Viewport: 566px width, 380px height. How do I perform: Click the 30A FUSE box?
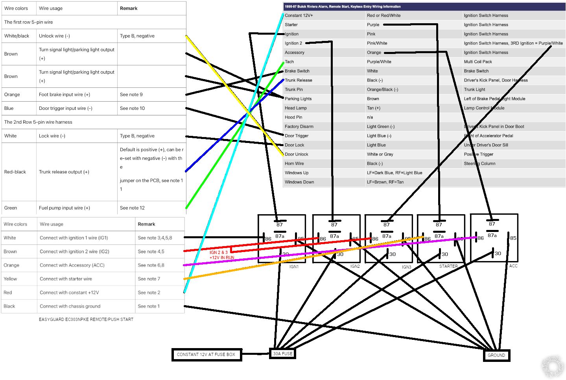[282, 354]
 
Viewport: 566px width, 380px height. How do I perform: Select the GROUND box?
[496, 355]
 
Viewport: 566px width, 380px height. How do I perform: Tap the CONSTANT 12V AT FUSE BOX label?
[206, 354]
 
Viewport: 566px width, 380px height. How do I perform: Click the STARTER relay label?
[448, 267]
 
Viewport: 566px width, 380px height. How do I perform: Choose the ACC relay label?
[513, 266]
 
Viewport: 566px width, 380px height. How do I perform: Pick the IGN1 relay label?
[294, 267]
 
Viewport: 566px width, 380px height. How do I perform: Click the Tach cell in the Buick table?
[289, 62]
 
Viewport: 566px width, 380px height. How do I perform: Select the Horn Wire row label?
[294, 164]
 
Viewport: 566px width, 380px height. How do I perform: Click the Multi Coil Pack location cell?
[478, 62]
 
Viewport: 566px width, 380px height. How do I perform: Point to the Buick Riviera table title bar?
[424, 7]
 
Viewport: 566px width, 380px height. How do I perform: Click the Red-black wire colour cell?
[15, 172]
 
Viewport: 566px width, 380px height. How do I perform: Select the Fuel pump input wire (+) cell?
[65, 208]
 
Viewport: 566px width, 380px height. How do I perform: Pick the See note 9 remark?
[131, 95]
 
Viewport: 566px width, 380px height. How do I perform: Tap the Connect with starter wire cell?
[66, 279]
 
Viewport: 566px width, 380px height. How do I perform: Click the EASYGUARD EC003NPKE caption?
[86, 319]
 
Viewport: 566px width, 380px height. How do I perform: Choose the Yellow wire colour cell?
[11, 279]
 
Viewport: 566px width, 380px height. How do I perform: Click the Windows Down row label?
[299, 182]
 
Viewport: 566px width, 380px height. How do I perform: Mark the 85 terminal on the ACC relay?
[513, 238]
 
